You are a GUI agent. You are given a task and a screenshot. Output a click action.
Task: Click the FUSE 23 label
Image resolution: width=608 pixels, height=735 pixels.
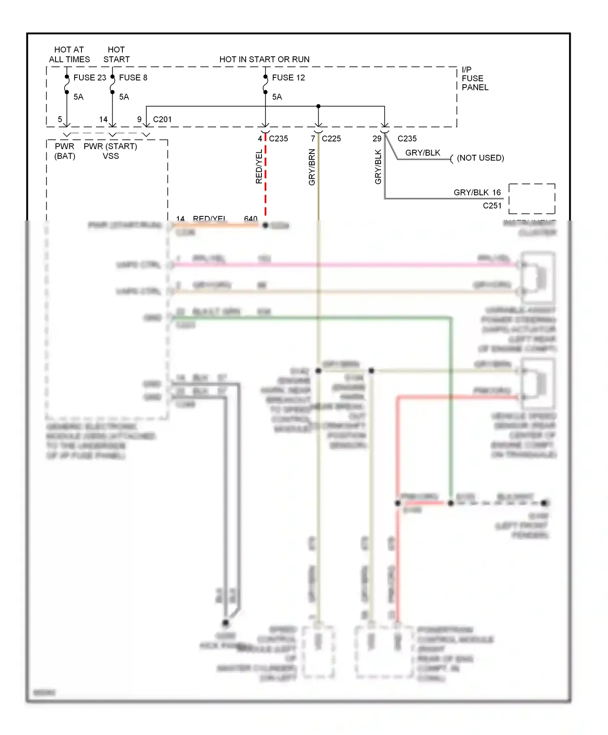90,77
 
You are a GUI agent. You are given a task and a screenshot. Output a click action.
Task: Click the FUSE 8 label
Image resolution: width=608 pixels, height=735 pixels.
133,77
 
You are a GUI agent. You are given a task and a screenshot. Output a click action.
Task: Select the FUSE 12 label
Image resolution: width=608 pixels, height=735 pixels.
288,77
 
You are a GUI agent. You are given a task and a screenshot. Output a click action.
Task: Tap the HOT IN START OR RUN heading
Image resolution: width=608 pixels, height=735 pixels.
264,59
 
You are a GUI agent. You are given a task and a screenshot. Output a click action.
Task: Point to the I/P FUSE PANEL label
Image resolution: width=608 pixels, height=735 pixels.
475,78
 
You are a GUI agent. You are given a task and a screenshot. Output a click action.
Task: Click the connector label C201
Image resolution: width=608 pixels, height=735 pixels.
162,120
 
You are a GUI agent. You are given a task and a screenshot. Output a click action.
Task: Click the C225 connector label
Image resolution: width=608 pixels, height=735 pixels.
331,139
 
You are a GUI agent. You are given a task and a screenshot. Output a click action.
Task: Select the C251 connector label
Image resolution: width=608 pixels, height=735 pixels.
492,206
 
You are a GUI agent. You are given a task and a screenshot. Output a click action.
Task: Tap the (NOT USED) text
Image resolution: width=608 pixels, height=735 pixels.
480,158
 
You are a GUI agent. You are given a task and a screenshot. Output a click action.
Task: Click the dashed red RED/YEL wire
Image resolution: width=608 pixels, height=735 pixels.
265,178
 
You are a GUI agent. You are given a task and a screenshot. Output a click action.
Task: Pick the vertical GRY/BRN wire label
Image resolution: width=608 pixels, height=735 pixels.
312,167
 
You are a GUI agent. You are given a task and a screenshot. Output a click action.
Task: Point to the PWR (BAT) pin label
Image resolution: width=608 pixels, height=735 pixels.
65,151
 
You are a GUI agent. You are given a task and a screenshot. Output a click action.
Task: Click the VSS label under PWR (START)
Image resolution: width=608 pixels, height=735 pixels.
111,156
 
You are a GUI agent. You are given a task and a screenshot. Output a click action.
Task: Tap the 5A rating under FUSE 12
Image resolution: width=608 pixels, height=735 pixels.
277,97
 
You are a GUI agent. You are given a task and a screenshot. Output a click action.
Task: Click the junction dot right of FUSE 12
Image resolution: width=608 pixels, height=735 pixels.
319,106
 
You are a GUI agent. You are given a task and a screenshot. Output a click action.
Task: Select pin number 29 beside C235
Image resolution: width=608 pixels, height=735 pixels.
377,139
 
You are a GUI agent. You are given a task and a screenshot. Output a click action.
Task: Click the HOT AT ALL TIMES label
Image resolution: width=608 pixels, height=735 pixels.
69,54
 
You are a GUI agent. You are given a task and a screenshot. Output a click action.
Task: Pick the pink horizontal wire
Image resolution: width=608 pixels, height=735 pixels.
345,265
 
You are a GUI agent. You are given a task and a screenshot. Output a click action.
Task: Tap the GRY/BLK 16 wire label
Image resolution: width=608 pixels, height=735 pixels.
477,192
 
